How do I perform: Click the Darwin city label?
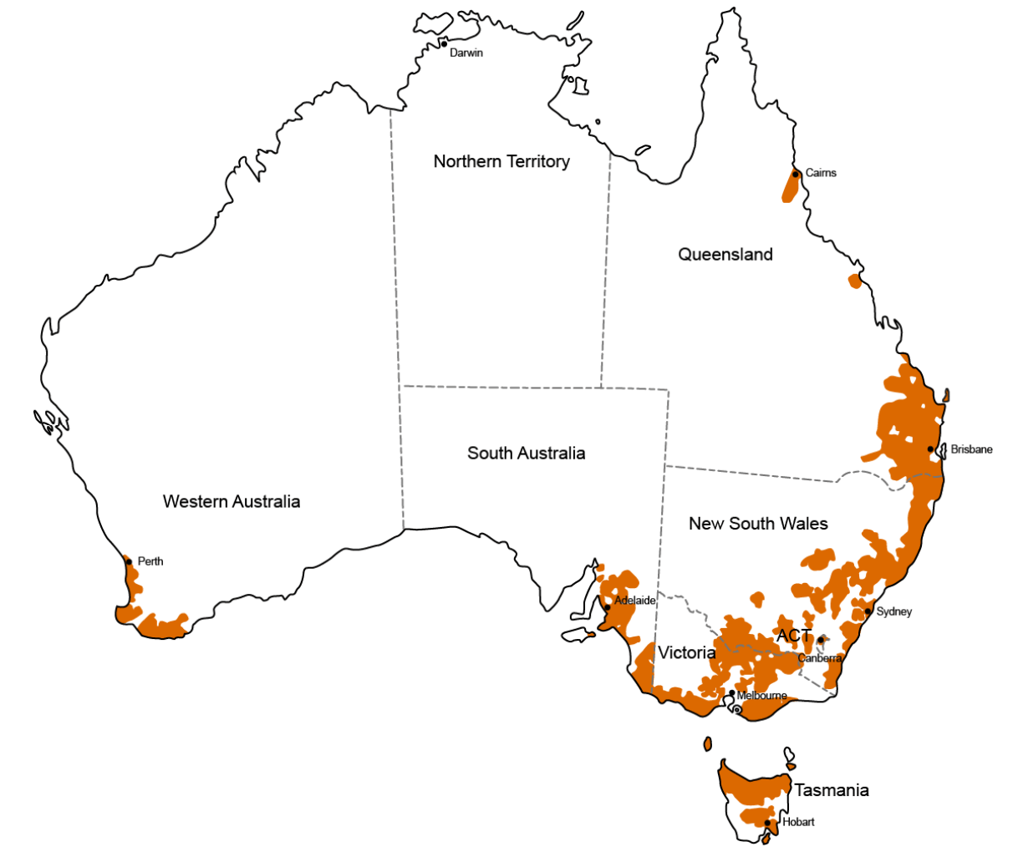466,53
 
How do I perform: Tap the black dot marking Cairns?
796,174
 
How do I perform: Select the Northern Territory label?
501,161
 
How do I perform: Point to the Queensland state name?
725,255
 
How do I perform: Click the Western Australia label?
232,501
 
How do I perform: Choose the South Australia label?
526,453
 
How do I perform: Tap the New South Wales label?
758,524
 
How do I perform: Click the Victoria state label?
686,652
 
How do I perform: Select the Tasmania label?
831,789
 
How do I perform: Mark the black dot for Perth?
129,562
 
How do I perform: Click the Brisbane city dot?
930,449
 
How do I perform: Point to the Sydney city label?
893,611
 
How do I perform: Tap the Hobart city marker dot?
767,823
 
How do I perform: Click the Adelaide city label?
634,601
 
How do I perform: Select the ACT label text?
793,636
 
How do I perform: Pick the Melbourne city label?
761,695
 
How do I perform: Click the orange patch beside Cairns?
790,185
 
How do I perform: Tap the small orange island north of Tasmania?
708,743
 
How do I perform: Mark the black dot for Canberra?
820,640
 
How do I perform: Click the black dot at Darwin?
444,43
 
